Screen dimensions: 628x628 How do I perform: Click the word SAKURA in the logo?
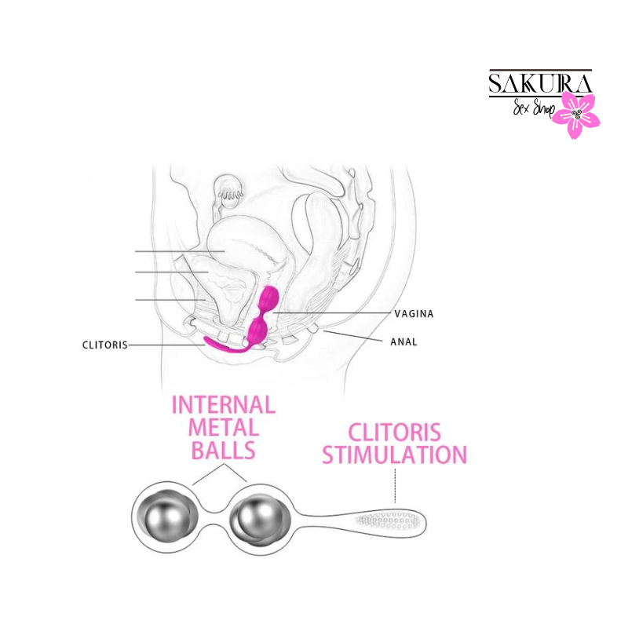coord(540,83)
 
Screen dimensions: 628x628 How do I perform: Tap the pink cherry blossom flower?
coord(576,115)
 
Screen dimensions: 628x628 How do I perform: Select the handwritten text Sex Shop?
coord(534,108)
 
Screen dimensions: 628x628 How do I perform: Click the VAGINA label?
coord(414,313)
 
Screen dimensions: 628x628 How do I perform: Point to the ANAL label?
coord(403,341)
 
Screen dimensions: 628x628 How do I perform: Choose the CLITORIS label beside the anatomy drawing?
coord(105,345)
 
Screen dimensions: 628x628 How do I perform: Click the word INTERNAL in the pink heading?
coord(224,404)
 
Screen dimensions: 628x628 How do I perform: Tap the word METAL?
coord(224,427)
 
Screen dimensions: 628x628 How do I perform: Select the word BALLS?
coord(224,450)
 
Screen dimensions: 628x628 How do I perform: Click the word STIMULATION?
coord(395,455)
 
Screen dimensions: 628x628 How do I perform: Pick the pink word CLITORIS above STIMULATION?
coord(395,433)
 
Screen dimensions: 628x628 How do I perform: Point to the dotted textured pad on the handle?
coord(387,520)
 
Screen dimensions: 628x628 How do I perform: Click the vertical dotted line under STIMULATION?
coord(395,485)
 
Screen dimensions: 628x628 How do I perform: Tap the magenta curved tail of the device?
coord(225,345)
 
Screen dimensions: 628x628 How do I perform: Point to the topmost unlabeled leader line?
coord(180,251)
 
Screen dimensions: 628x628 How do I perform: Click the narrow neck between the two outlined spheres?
coord(214,517)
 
